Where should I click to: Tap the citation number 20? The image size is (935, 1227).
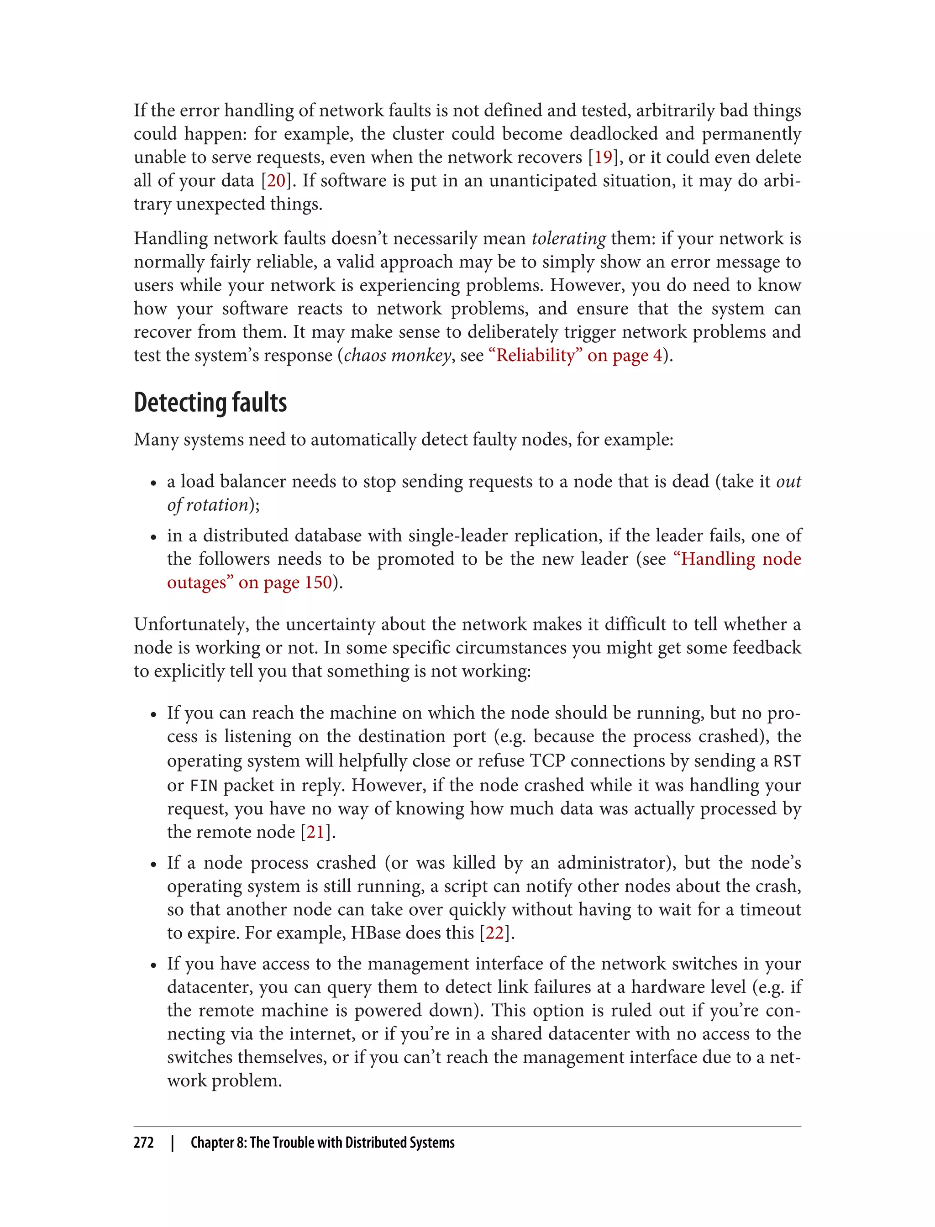coord(276,181)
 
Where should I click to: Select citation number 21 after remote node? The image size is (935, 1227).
coord(315,832)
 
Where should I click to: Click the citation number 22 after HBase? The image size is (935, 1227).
coord(495,933)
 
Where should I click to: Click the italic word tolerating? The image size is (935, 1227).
coord(568,239)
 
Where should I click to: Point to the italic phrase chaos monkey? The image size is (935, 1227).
coord(397,356)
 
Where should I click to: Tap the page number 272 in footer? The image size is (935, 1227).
coord(144,1143)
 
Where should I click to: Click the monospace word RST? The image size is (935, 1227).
coord(787,761)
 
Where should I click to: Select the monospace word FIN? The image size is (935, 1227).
coord(204,786)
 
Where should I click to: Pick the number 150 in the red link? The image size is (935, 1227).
coord(318,582)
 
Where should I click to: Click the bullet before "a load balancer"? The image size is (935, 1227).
coord(153,483)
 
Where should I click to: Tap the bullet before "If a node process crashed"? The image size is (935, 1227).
coord(153,864)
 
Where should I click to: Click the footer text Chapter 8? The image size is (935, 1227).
coord(218,1143)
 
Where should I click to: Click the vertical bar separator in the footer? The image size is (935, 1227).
coord(173,1143)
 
